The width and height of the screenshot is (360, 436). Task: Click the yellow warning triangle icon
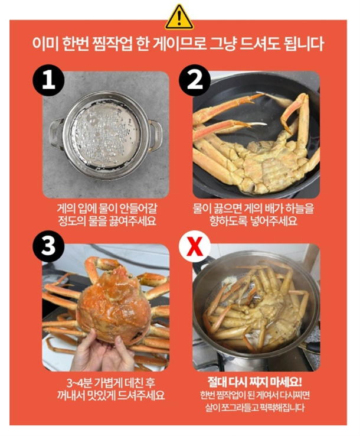179,17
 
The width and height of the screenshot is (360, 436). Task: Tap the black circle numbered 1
48,80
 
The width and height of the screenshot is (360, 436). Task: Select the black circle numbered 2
194,80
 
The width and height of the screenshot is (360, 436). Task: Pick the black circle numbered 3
48,246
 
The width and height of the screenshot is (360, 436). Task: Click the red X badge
194,246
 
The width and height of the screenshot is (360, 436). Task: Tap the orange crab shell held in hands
114,304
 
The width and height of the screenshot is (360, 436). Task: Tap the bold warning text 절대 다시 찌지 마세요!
255,382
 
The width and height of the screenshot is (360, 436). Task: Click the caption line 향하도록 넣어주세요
254,221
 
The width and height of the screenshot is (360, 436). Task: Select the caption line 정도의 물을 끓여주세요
107,221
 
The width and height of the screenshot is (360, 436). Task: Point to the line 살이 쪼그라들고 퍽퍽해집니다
255,408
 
